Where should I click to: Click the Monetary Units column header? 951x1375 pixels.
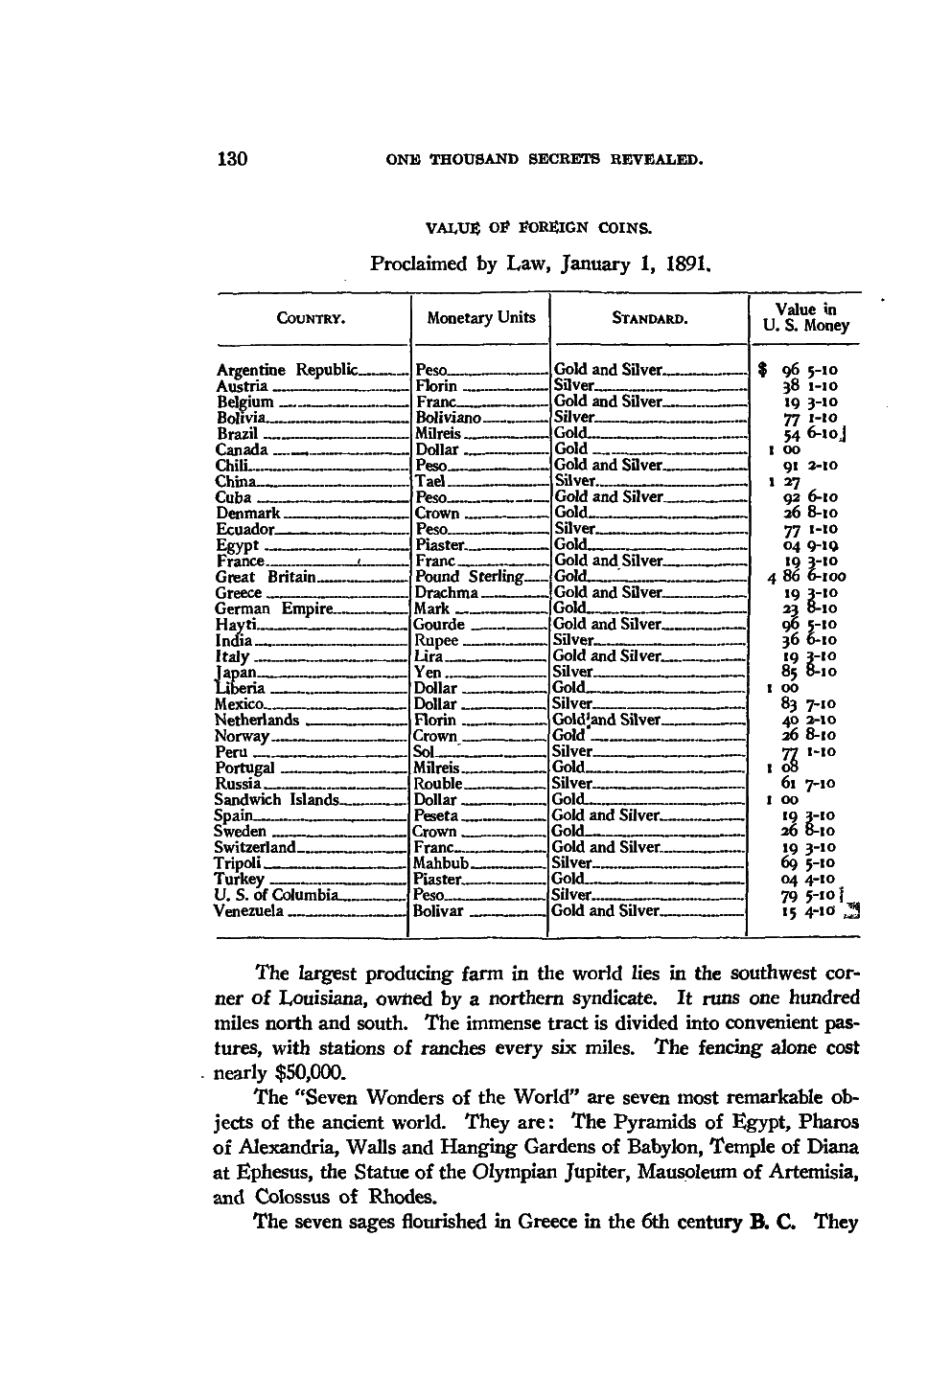tap(481, 317)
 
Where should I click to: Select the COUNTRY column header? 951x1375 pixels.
tap(312, 318)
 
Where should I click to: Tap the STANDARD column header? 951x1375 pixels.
tap(650, 318)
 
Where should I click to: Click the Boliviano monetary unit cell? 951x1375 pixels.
tap(447, 418)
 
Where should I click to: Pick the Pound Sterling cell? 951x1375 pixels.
tap(469, 577)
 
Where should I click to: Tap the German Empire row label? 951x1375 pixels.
tap(273, 609)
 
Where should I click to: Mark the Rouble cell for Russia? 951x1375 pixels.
tap(438, 784)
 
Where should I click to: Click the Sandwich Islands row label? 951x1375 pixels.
tap(276, 800)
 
